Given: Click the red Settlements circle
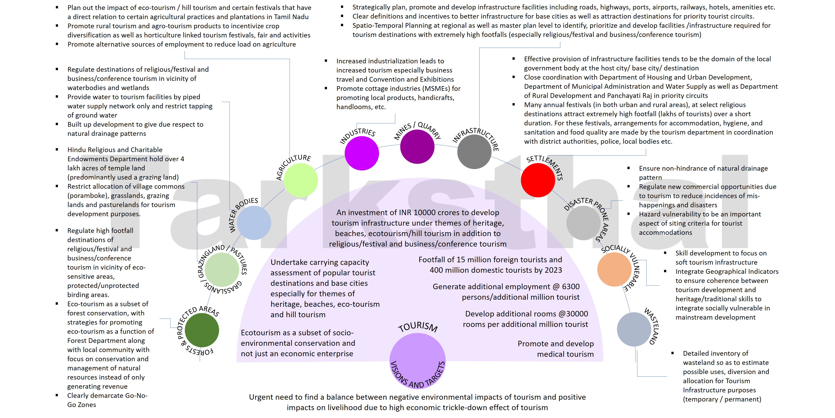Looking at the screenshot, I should [538, 180].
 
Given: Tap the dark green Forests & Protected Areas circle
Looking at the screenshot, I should [202, 330].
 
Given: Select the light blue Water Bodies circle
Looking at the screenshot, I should [254, 223].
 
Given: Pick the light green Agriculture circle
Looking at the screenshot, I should [300, 180].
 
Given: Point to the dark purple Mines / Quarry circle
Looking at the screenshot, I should [417, 147].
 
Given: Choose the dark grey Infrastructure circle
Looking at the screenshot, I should [474, 152].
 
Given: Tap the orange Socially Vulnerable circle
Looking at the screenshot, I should [614, 269].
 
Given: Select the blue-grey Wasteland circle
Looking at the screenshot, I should [634, 330].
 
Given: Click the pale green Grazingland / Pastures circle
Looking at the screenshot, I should [222, 269].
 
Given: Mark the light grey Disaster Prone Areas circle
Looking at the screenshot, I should [583, 223].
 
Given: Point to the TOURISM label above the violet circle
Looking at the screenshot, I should [417, 327].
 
